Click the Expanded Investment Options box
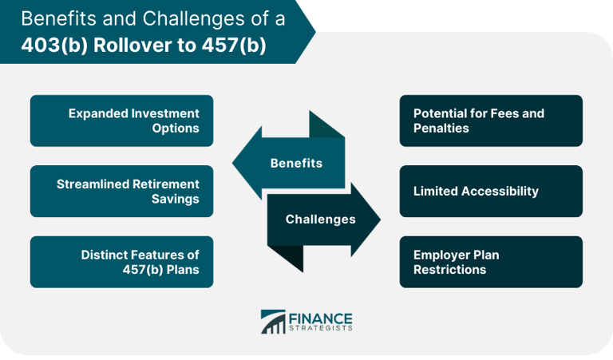pos(121,121)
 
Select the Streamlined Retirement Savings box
pos(121,191)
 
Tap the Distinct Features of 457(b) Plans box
pos(121,262)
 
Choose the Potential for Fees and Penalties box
pos(491,121)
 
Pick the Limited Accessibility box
pos(491,191)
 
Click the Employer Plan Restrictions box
pos(491,262)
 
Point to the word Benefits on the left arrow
pos(296,163)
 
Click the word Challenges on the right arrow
pos(320,219)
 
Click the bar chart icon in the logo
pos(273,321)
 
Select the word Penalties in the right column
pos(441,128)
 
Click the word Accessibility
pos(499,191)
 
